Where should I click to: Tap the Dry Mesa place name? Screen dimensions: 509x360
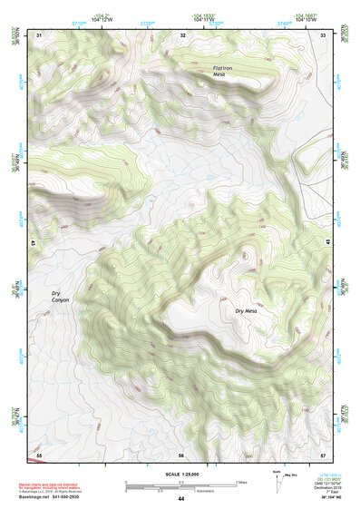(247, 311)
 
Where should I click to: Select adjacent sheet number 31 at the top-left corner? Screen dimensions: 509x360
(39, 34)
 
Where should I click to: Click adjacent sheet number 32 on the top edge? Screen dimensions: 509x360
(182, 34)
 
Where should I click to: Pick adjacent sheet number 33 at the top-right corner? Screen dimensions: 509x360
(324, 34)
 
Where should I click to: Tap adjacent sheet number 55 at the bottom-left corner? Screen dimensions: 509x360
(39, 454)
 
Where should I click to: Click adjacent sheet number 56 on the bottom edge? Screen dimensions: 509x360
(181, 454)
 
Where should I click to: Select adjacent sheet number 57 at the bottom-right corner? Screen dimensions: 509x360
(324, 454)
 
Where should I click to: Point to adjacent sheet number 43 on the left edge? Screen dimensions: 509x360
(34, 243)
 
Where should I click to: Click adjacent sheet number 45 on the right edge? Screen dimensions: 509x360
(328, 243)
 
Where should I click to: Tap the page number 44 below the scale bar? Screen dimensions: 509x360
(181, 498)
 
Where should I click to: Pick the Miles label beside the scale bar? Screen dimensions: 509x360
(240, 482)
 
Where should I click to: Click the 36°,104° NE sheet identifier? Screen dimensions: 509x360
(320, 498)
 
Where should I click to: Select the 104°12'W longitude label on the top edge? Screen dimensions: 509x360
(102, 18)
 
